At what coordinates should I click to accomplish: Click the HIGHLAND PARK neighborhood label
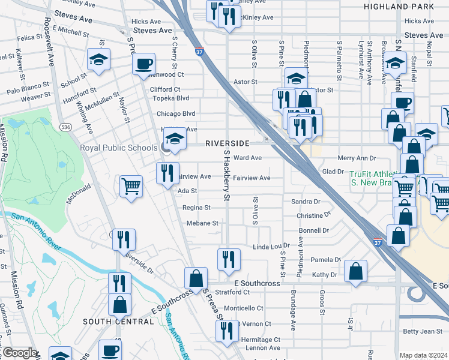(399, 6)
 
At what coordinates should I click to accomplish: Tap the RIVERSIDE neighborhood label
(227, 143)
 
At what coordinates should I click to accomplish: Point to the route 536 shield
(66, 127)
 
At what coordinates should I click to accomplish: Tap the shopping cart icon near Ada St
(131, 185)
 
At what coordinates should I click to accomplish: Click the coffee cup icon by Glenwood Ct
(144, 63)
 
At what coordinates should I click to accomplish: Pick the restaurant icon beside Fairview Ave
(168, 173)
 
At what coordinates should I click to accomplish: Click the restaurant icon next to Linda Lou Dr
(229, 259)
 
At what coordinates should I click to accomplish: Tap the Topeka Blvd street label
(171, 98)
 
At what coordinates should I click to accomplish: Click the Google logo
(20, 353)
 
